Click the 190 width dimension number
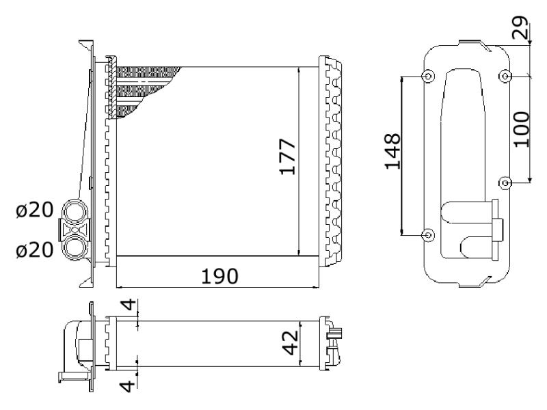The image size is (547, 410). (219, 276)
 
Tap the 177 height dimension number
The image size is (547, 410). (287, 157)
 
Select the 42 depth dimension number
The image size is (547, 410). (290, 343)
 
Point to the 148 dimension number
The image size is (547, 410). (392, 151)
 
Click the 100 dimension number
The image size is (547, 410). (522, 129)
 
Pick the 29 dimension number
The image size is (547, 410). (520, 27)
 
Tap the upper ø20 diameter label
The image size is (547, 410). (35, 210)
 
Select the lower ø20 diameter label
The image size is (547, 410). (35, 250)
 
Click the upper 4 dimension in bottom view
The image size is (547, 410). (129, 304)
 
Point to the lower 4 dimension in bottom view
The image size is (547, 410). (127, 386)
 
